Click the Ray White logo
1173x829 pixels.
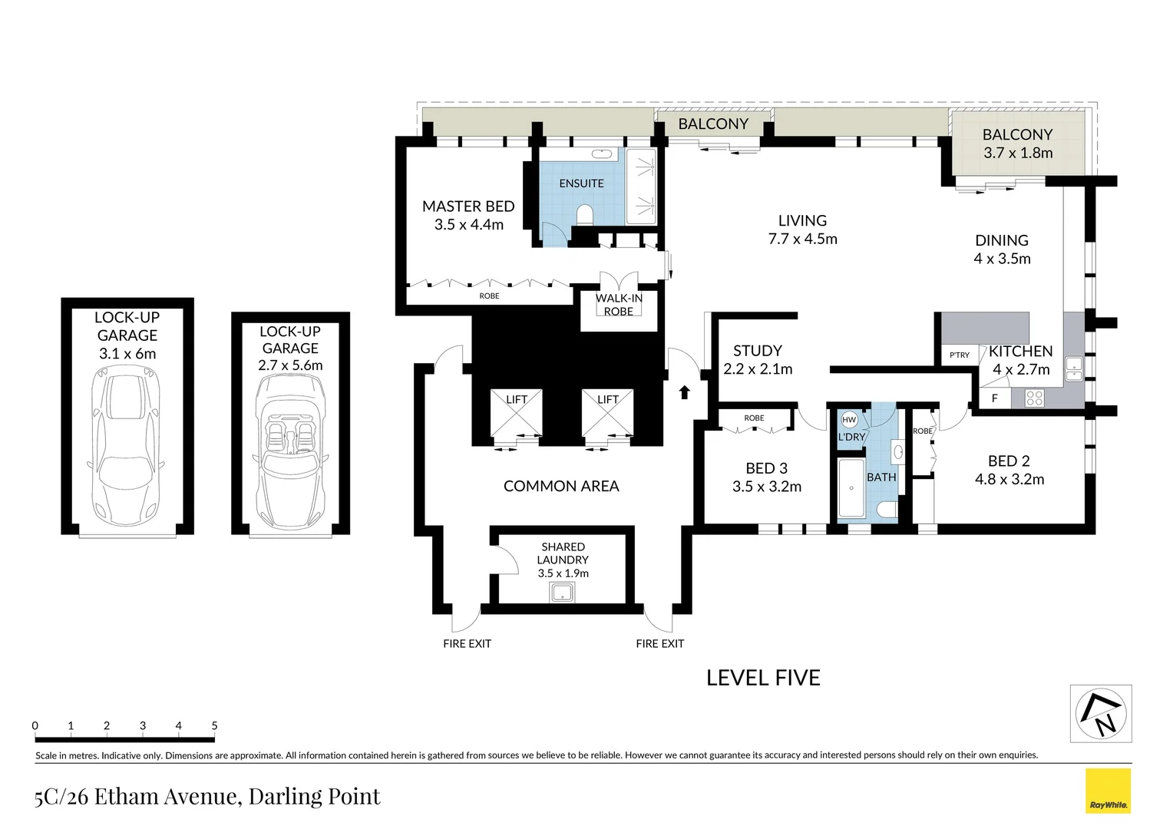point(1108,791)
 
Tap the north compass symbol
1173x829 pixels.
point(1101,713)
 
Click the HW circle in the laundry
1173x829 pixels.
point(849,419)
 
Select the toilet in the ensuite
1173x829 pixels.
point(584,215)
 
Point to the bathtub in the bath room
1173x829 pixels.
point(851,488)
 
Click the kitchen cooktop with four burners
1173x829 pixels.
point(1034,398)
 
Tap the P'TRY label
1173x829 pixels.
point(960,355)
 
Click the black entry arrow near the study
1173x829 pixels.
point(685,391)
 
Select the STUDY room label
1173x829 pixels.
point(757,350)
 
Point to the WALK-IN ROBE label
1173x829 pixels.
point(619,305)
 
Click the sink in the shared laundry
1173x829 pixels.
point(562,593)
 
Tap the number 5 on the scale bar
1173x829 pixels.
point(214,726)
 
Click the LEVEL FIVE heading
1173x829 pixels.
point(763,679)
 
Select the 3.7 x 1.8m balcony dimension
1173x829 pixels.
point(1017,153)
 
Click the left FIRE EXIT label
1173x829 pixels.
point(467,643)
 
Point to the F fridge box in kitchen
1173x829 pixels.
point(995,398)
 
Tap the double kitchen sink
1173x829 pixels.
point(1073,368)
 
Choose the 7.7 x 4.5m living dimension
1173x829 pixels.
point(802,239)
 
